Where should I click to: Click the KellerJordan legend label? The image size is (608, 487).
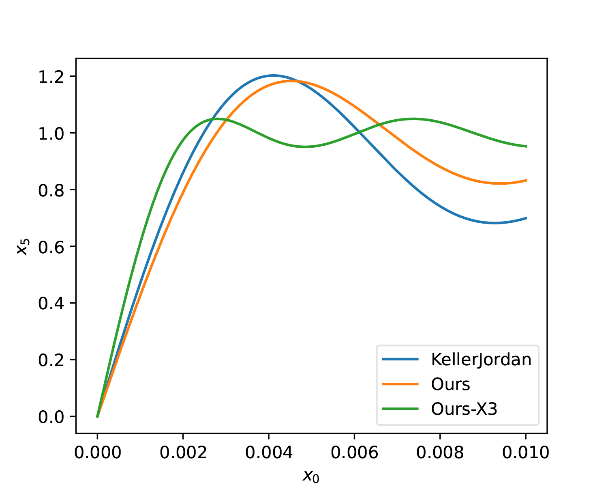tap(481, 360)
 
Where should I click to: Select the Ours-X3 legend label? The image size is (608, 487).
tap(464, 409)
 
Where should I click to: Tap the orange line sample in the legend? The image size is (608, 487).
tap(400, 384)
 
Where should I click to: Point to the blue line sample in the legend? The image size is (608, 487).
tap(400, 360)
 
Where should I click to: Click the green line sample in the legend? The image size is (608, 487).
tap(400, 409)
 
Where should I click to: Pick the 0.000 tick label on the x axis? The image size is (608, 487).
tap(98, 452)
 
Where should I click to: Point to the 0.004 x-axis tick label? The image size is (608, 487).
tap(269, 452)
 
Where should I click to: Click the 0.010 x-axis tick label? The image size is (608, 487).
tap(525, 452)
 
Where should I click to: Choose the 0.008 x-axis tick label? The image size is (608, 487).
tap(440, 452)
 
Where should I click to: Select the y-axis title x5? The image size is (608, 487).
tap(23, 246)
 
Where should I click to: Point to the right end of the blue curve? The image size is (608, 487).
tap(526, 218)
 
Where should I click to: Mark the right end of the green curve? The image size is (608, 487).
tap(526, 147)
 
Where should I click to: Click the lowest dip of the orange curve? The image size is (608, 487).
tap(500, 183)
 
